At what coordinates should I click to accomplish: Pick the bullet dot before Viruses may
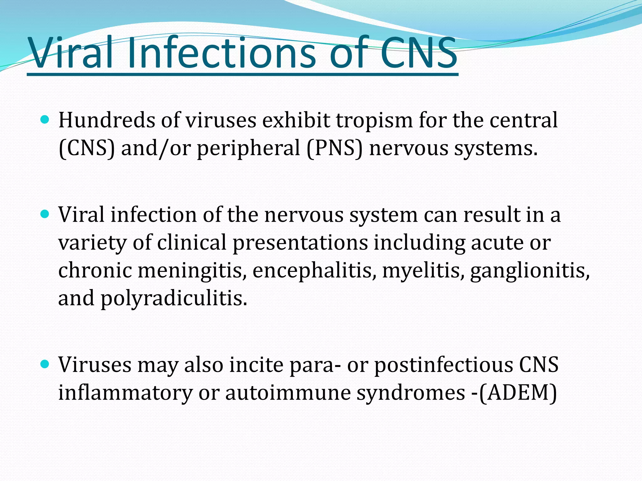point(45,364)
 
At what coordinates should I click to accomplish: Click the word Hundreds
point(107,120)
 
